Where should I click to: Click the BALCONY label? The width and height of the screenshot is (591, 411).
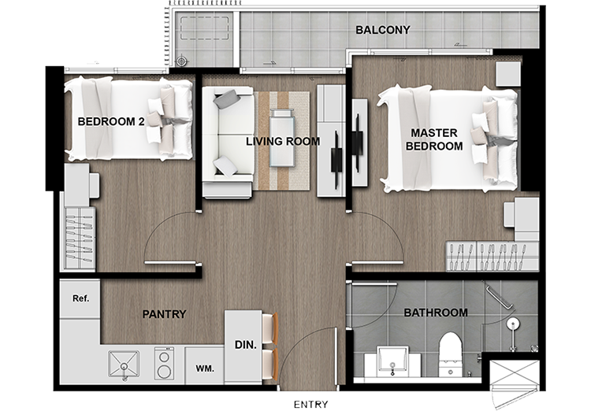pyautogui.click(x=382, y=30)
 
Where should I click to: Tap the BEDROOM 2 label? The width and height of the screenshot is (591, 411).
pyautogui.click(x=111, y=121)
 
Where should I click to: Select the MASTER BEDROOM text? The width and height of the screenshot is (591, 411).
pyautogui.click(x=434, y=139)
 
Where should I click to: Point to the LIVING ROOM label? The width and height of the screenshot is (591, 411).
pyautogui.click(x=283, y=141)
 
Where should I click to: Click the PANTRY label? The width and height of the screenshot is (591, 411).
pyautogui.click(x=165, y=314)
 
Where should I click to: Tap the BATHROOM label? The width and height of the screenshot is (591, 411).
pyautogui.click(x=436, y=313)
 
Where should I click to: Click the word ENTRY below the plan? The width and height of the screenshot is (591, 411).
pyautogui.click(x=311, y=404)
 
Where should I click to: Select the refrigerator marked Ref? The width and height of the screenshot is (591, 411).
pyautogui.click(x=80, y=298)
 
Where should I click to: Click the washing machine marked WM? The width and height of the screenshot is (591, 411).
pyautogui.click(x=205, y=365)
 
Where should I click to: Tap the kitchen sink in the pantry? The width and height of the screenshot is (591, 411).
pyautogui.click(x=124, y=365)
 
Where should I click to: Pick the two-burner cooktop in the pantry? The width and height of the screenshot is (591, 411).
pyautogui.click(x=165, y=364)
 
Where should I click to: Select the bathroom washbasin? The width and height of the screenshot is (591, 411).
pyautogui.click(x=392, y=362)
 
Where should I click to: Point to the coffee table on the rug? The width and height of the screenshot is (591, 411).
pyautogui.click(x=282, y=138)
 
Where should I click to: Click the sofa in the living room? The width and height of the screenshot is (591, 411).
pyautogui.click(x=228, y=142)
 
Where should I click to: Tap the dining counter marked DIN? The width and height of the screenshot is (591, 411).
pyautogui.click(x=243, y=346)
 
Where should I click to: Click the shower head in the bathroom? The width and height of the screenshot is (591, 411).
pyautogui.click(x=513, y=324)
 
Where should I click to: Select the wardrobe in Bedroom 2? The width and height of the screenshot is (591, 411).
pyautogui.click(x=79, y=238)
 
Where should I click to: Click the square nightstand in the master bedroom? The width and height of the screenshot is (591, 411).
pyautogui.click(x=508, y=74)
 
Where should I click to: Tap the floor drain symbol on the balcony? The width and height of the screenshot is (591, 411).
pyautogui.click(x=181, y=61)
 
